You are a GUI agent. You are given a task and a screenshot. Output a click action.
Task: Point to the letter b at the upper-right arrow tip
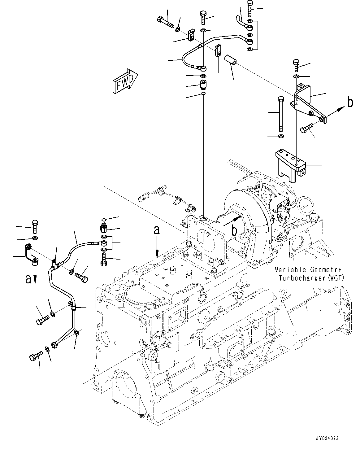(350, 102)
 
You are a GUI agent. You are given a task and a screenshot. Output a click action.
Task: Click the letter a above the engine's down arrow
(157, 230)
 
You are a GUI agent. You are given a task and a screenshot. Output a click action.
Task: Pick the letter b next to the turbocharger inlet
(235, 230)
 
